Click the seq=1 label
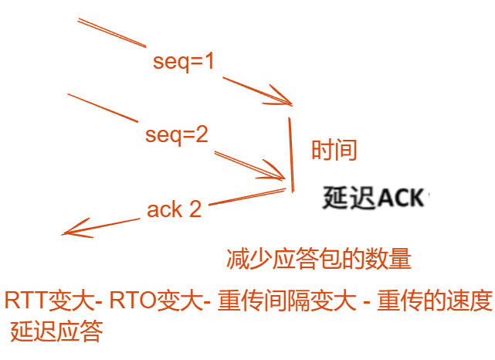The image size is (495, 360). [x=183, y=62]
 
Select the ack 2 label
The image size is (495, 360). [x=175, y=209]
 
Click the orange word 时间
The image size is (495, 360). [x=334, y=150]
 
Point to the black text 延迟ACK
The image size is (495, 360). [x=374, y=199]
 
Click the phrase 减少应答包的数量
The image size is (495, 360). [x=318, y=258]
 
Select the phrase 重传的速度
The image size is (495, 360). [x=435, y=301]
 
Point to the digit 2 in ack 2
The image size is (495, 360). [x=195, y=209]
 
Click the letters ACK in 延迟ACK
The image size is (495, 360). [x=401, y=199]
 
